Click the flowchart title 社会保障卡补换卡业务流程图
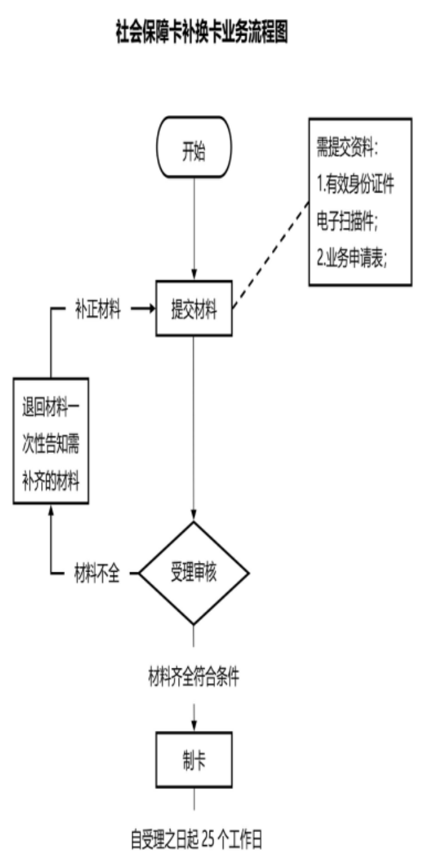tap(201, 32)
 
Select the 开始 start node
tap(194, 154)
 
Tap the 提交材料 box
tap(194, 310)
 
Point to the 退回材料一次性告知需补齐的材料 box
tap(51, 440)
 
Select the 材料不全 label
tap(97, 575)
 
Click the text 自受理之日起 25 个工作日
tap(195, 840)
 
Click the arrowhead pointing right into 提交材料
tap(151, 310)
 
